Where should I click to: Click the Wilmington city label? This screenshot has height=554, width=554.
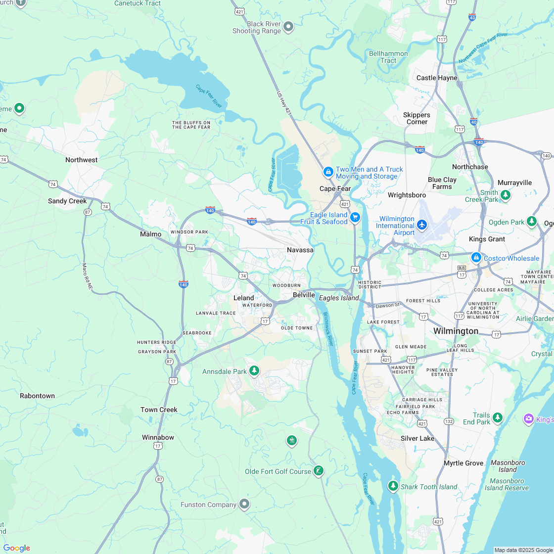(456, 331)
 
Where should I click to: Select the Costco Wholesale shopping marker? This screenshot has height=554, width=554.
(476, 258)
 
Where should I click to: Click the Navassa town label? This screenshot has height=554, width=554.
(300, 250)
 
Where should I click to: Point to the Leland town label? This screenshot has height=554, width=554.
(243, 298)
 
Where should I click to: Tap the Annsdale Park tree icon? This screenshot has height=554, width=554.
(254, 370)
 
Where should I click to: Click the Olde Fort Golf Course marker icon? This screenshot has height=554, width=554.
(319, 470)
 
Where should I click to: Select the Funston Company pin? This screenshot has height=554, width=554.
(244, 504)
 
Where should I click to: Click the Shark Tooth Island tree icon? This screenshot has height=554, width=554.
(393, 486)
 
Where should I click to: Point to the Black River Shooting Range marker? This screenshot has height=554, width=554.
(288, 27)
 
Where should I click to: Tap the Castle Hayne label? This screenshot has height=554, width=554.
(437, 78)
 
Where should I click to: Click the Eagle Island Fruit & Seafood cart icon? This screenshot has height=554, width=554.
(355, 218)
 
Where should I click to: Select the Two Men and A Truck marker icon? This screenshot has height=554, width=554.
(327, 172)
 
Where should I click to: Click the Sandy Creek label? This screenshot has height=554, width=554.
(67, 201)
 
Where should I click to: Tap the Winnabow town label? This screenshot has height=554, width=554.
(158, 437)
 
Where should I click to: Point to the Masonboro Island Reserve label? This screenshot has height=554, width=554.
(507, 484)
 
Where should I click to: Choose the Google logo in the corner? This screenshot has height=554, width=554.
(16, 548)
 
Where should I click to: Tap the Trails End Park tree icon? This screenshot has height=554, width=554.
(497, 418)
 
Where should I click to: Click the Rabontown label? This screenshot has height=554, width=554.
(37, 396)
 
